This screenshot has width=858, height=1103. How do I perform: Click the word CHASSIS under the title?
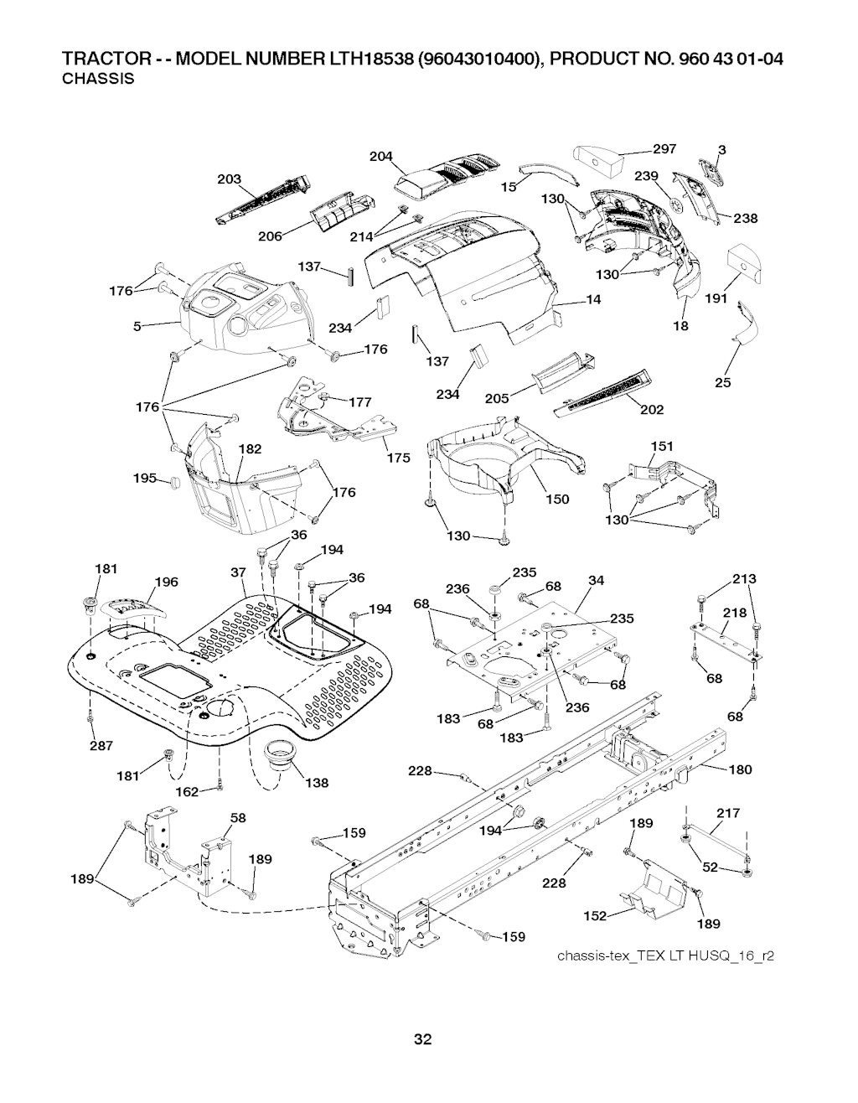tap(99, 80)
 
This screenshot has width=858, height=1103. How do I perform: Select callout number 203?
tap(229, 179)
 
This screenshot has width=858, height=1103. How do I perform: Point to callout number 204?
tap(381, 156)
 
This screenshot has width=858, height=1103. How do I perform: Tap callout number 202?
tap(652, 409)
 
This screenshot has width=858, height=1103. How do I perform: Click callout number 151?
tap(662, 446)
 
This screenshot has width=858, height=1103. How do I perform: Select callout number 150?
tap(557, 500)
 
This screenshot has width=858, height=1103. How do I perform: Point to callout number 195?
tap(145, 478)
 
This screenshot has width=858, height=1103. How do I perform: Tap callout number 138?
tap(316, 783)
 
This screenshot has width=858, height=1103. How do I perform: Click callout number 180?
tap(740, 769)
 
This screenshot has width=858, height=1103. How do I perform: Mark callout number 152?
tap(595, 916)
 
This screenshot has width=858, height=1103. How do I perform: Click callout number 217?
tap(730, 812)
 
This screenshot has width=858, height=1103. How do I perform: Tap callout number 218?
tap(734, 613)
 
